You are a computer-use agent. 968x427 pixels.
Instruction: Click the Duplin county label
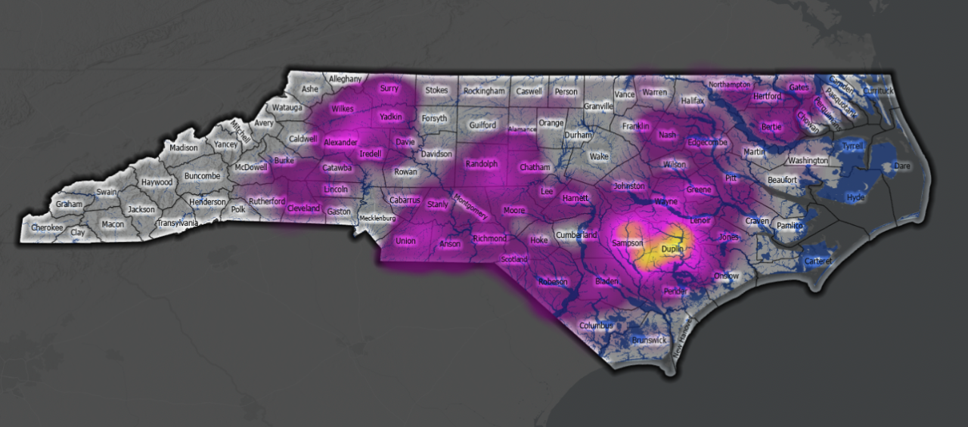[672, 249]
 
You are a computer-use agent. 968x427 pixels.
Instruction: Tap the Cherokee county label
[47, 227]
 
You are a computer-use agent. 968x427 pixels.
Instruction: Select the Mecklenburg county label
[377, 218]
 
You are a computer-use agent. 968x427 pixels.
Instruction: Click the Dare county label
[902, 165]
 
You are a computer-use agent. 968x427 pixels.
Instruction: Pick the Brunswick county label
[650, 340]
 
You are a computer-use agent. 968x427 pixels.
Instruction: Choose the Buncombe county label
[202, 176]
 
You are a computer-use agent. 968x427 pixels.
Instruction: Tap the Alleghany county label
[345, 78]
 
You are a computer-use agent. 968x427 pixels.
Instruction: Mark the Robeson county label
[553, 282]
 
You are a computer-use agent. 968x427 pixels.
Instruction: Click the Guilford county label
[482, 125]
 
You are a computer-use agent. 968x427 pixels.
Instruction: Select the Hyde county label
[855, 197]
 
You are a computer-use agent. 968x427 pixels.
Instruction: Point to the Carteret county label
[818, 261]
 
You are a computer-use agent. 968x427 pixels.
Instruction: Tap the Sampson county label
[627, 243]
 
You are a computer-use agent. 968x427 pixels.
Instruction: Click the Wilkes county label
[342, 109]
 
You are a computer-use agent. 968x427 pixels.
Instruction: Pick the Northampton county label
[729, 84]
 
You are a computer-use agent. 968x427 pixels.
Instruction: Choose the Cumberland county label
[576, 235]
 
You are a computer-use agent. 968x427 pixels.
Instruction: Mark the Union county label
[405, 242]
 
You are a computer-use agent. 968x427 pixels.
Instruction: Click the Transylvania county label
[178, 223]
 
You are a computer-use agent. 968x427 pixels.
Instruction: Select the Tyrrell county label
[852, 146]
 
